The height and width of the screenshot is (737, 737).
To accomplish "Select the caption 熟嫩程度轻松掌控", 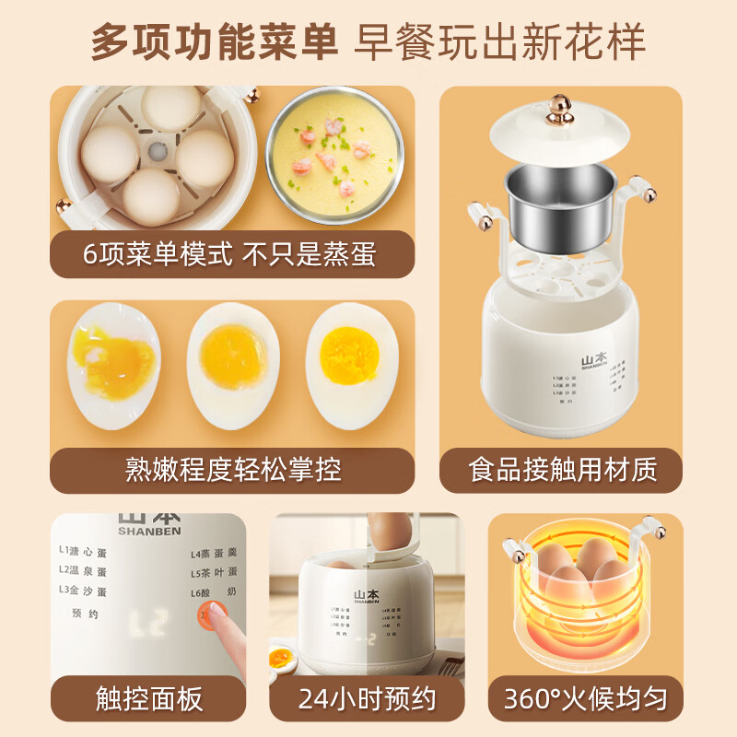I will click(232, 470).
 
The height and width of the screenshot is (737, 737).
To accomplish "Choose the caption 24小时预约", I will click(366, 699).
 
